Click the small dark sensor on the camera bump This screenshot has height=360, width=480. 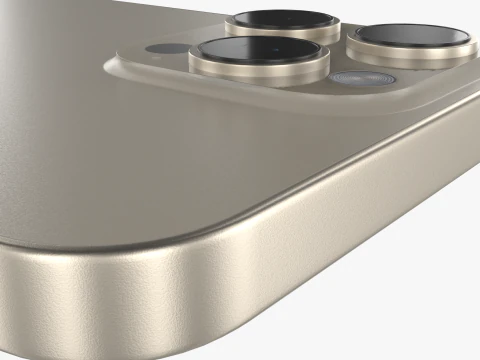(x=158, y=48)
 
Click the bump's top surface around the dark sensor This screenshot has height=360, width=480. (x=140, y=53)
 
